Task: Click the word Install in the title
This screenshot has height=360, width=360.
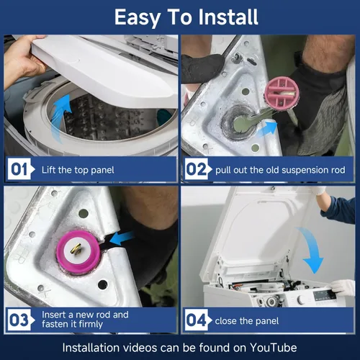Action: (x=228, y=17)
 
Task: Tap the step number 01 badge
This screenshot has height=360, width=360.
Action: (x=20, y=169)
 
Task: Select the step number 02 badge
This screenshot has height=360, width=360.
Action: (x=197, y=169)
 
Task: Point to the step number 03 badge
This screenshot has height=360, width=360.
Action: (x=19, y=320)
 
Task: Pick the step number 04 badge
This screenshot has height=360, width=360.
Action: (x=197, y=320)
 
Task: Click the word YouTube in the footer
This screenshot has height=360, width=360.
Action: (x=274, y=348)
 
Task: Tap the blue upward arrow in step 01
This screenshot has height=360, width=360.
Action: (x=60, y=117)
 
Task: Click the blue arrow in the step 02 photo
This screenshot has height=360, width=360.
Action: (x=267, y=129)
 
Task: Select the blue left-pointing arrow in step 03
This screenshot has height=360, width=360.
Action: (x=122, y=238)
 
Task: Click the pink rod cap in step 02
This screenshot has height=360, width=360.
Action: (x=282, y=92)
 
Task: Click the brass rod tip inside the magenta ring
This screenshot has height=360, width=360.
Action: (x=77, y=250)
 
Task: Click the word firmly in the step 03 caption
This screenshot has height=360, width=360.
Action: (x=91, y=325)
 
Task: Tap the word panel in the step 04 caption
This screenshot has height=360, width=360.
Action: (x=267, y=321)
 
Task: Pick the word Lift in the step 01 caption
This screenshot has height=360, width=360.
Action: (x=49, y=170)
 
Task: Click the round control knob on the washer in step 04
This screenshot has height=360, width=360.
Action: (x=301, y=300)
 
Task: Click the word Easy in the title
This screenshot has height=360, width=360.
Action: (x=138, y=17)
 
